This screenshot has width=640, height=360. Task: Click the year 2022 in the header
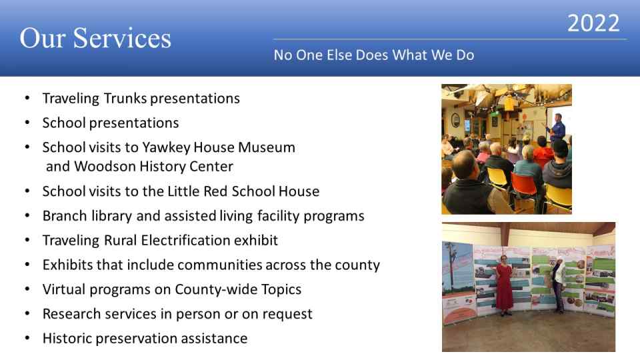coord(593,23)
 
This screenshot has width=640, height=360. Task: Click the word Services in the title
coord(122,38)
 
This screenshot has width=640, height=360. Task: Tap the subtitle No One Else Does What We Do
coord(374,55)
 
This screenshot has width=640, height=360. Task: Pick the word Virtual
coord(64,289)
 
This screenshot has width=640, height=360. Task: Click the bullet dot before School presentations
coord(27,123)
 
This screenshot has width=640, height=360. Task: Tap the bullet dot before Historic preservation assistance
coord(27,338)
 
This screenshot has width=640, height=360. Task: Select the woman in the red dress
coord(505,286)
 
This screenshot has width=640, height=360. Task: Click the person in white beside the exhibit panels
coord(559,286)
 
